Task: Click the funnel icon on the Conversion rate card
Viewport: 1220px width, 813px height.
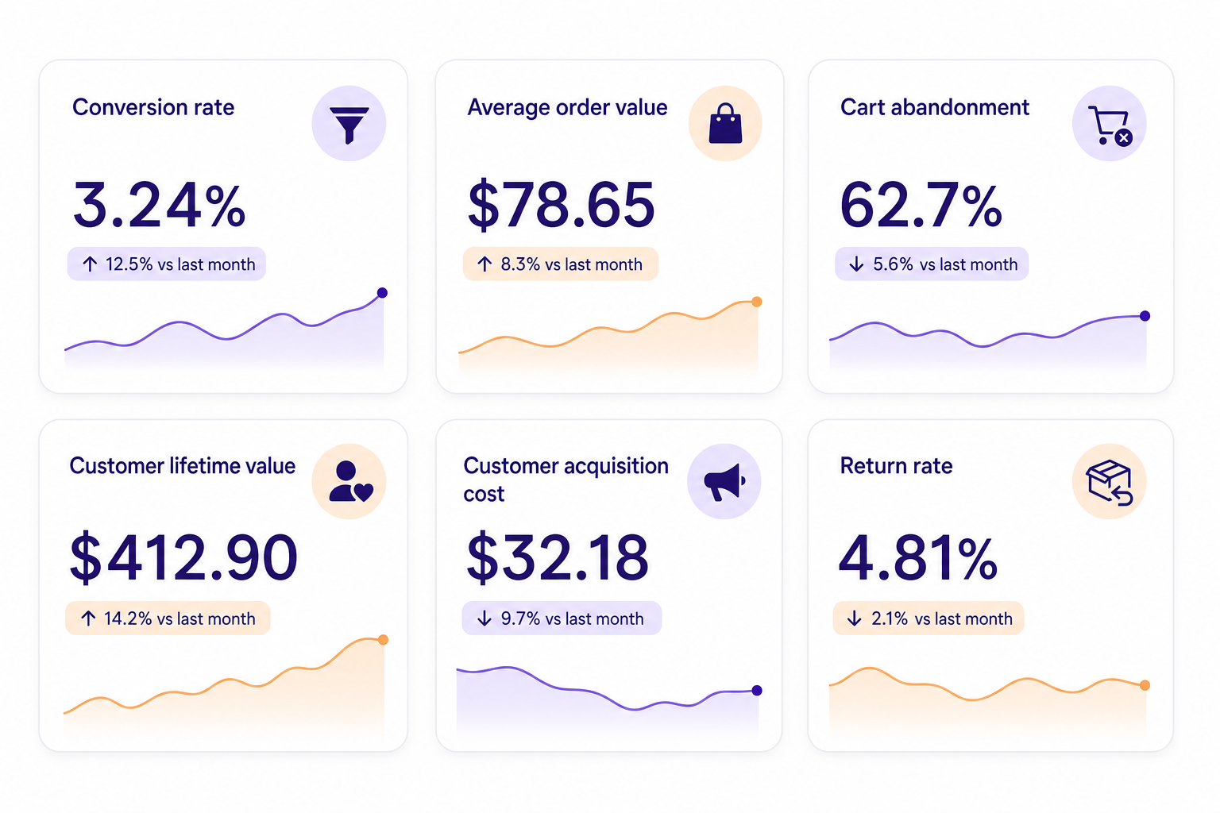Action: pos(349,125)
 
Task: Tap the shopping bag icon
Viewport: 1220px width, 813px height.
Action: pos(725,124)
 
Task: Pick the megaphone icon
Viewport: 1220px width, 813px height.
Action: pos(724,482)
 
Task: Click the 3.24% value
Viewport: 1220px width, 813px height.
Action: pos(159,206)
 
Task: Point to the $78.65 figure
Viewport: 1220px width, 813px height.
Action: pos(561,206)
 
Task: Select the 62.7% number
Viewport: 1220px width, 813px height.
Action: pos(921,206)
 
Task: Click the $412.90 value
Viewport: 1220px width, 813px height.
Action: pos(183,557)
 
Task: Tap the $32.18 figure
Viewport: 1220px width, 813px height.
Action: pos(557,557)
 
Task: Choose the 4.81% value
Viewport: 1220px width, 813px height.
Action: pos(918,557)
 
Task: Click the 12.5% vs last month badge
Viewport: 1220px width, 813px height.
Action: pos(167,264)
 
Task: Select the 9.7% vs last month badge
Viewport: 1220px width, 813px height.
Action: pos(562,618)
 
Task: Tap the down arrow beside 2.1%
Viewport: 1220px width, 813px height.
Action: pos(854,618)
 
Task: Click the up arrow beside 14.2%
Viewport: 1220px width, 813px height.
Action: pos(88,618)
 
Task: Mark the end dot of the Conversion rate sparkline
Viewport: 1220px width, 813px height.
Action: pos(382,293)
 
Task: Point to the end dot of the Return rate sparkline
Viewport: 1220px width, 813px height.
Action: pos(1145,685)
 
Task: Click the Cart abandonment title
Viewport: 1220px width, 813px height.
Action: pos(935,107)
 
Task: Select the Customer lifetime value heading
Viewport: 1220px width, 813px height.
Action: pos(183,466)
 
